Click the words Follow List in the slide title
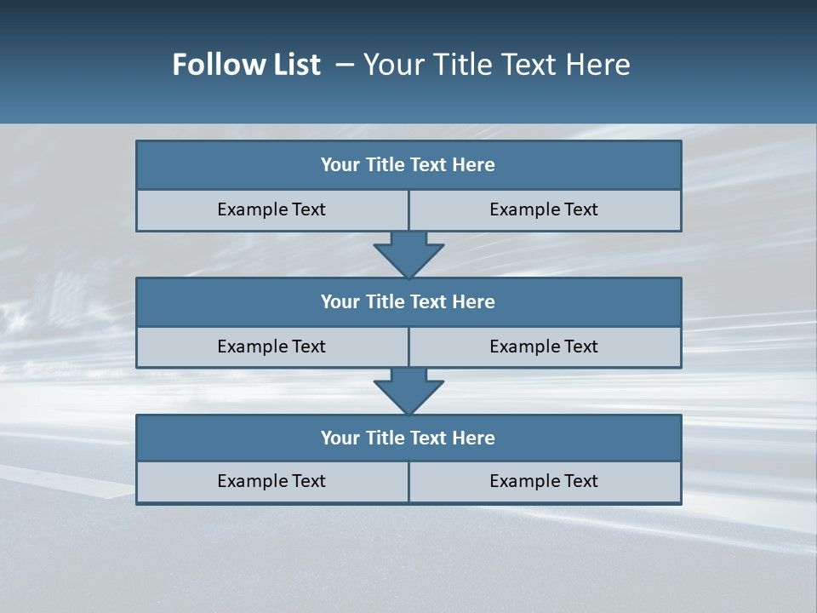[246, 65]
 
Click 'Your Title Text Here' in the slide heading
[496, 65]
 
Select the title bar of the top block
[408, 165]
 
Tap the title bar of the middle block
[408, 302]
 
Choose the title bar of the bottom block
[408, 438]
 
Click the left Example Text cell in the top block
[271, 209]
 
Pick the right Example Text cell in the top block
[544, 209]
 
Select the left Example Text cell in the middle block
[271, 347]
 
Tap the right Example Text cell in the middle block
[544, 347]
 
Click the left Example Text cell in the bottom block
[271, 481]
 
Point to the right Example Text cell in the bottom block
[544, 481]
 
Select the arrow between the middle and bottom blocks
[408, 391]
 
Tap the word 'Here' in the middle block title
[474, 302]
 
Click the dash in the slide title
[345, 65]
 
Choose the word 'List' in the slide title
[293, 65]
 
